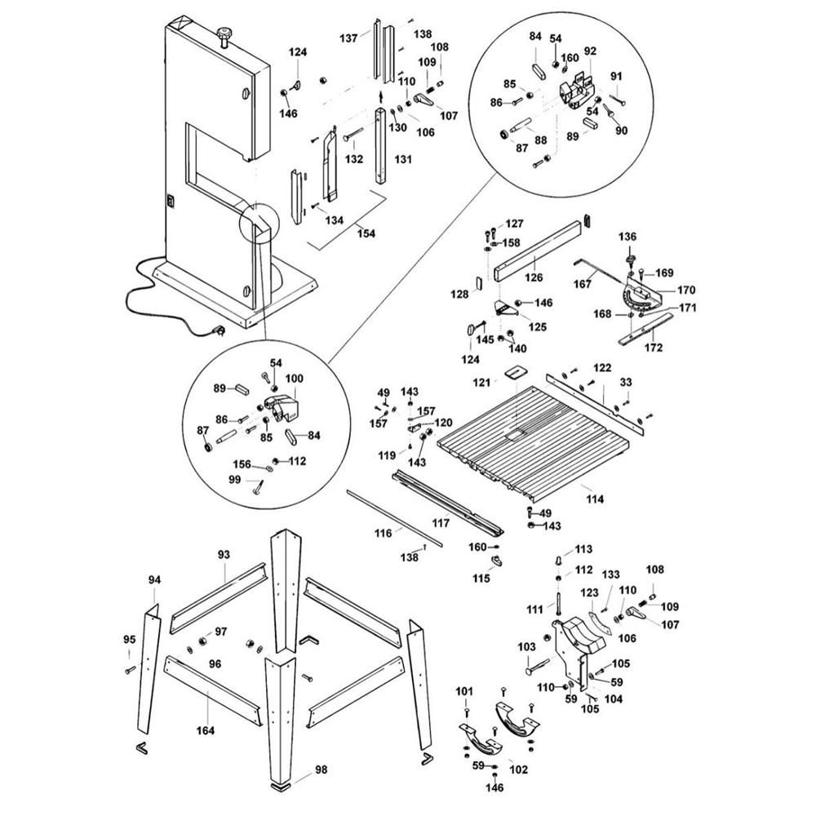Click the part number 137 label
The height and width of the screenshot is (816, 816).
pos(348,38)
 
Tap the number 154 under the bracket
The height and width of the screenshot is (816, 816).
pos(366,233)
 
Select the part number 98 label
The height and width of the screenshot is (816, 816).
pos(322,770)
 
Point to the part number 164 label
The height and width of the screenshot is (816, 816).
pos(206,730)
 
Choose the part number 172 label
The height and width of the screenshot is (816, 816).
pos(653,348)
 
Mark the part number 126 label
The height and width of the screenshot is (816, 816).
pos(533,277)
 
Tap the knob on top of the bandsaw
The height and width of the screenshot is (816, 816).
pos(224,34)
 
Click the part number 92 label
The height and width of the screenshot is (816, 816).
pos(589,51)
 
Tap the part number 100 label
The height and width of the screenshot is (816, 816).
pos(294,379)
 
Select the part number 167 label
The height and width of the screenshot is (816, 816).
pos(583,285)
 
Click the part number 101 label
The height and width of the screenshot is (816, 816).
pos(464,692)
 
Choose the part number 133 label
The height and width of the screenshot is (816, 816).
pos(610,575)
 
